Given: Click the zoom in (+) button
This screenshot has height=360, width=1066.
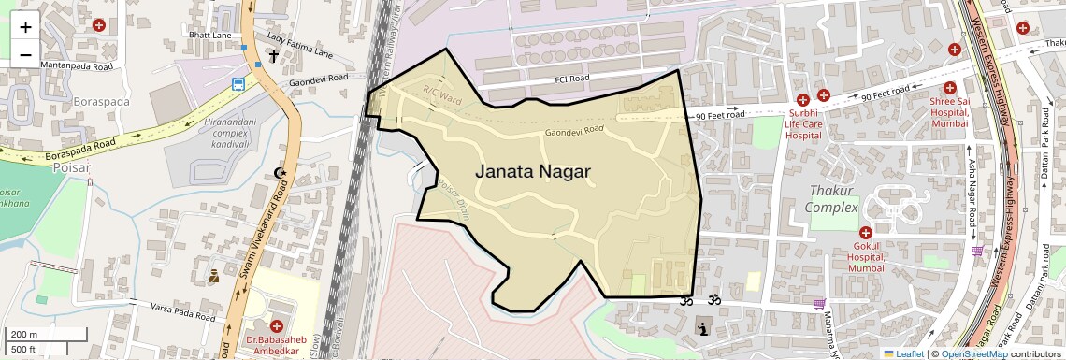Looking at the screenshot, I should coord(25,26).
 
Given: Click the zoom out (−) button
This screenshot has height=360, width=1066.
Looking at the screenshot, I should coord(25,54).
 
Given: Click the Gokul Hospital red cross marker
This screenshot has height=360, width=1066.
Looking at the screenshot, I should coord(866,233).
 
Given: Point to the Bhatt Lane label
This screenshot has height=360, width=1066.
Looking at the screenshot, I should coord(209,36).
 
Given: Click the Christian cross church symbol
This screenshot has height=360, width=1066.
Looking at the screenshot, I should coord(274,56).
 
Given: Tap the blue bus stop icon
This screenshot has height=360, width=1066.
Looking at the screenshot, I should coord(239,85).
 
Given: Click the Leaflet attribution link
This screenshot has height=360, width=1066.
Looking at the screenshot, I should coord(903,353).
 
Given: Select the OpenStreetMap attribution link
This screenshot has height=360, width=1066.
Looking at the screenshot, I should coord(973,353).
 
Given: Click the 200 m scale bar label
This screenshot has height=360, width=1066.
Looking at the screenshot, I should coord(24,334).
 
